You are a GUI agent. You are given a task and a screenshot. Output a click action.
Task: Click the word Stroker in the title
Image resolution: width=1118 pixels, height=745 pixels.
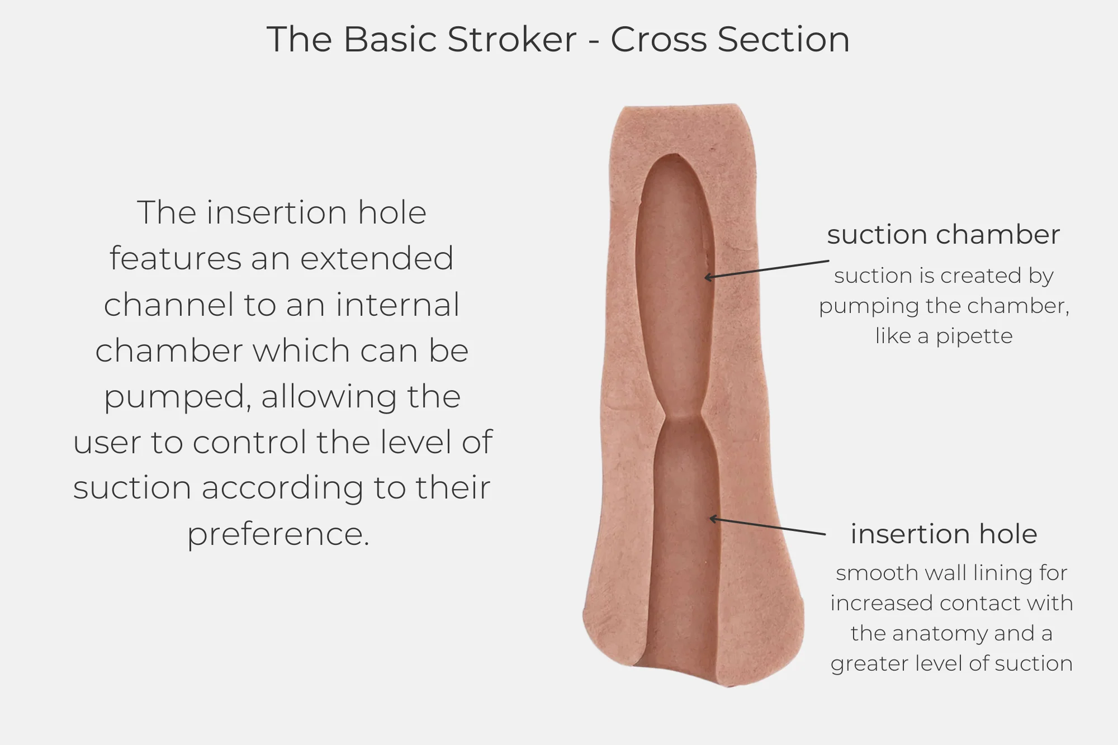click(511, 40)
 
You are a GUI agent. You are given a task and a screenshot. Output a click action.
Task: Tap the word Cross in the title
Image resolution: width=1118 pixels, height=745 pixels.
click(659, 40)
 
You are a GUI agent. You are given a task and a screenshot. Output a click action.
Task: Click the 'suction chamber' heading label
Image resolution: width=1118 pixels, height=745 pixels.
click(943, 235)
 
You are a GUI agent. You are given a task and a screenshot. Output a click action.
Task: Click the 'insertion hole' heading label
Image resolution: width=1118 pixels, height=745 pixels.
click(944, 534)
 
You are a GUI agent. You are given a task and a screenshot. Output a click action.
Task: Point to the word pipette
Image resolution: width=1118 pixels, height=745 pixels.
click(974, 336)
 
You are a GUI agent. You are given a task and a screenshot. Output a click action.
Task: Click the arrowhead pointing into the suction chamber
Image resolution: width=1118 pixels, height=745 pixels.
click(707, 277)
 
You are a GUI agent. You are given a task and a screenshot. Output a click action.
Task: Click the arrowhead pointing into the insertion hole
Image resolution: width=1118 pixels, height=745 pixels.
click(713, 519)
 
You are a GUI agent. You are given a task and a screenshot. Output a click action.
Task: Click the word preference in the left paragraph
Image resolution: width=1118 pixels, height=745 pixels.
click(278, 534)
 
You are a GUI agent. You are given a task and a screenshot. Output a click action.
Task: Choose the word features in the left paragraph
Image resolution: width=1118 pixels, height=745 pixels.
click(175, 259)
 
